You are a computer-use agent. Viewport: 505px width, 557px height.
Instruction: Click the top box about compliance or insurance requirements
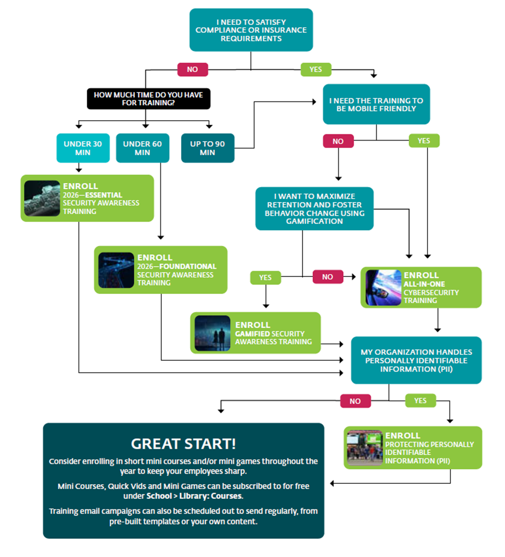251,30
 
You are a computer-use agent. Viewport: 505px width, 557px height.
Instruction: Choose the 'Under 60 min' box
142,148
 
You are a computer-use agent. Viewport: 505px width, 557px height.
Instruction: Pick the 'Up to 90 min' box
207,148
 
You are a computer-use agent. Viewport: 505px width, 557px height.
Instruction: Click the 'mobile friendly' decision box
376,104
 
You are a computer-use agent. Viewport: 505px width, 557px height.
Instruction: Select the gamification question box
314,208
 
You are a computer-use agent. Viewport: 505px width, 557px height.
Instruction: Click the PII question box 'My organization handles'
416,360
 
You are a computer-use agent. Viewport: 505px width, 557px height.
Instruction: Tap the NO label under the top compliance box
192,69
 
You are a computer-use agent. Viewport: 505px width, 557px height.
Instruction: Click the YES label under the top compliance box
315,69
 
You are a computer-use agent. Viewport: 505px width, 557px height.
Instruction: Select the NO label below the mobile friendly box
338,141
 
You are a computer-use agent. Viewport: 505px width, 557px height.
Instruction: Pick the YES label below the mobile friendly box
423,141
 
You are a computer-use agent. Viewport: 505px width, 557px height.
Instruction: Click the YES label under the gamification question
266,277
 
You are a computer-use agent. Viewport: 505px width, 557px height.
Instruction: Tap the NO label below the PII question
355,401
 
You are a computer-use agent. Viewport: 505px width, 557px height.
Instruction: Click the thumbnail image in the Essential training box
42,198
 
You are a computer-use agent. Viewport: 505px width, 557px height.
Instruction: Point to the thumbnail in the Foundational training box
116,270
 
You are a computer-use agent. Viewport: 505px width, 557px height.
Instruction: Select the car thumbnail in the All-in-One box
383,288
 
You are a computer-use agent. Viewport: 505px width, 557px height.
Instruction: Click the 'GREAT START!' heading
183,444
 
